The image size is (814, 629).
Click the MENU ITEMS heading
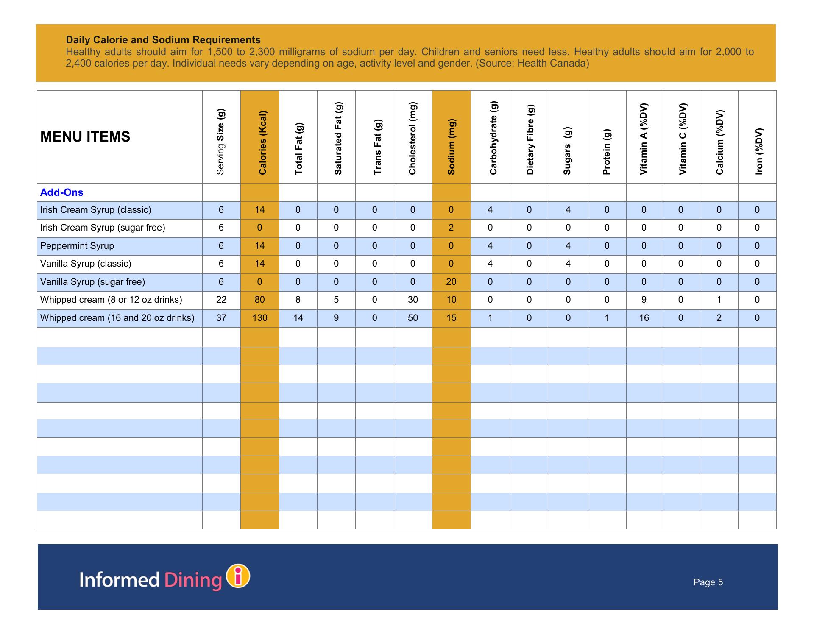[x=85, y=137]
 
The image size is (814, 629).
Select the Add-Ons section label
[x=61, y=192]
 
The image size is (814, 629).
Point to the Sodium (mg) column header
[x=451, y=147]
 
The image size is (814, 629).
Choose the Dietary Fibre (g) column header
[x=530, y=139]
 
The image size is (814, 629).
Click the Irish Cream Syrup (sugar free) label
[x=103, y=228]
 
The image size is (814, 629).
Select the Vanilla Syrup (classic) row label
[x=86, y=264]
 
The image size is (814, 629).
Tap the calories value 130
[x=259, y=318]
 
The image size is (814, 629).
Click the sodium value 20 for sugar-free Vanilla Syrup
[x=451, y=282]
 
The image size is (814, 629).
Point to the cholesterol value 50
[x=413, y=318]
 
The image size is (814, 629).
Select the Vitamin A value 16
[x=644, y=318]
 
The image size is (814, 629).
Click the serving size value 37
[x=221, y=318]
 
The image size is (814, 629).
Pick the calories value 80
[x=259, y=300]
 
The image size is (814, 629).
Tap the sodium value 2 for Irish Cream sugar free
[x=451, y=228]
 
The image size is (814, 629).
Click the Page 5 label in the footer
[x=708, y=582]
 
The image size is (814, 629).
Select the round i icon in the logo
[x=238, y=576]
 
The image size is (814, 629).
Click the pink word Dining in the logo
[x=193, y=580]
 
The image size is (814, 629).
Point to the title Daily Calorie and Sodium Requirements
[x=163, y=40]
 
